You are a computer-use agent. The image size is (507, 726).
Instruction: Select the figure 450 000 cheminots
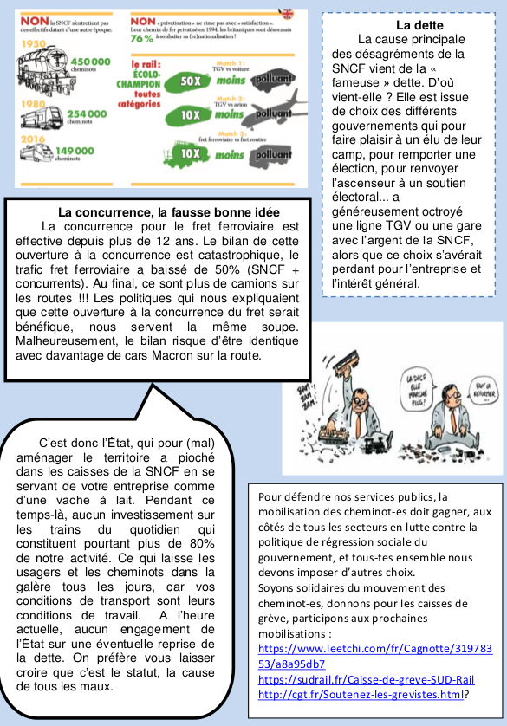89,64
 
